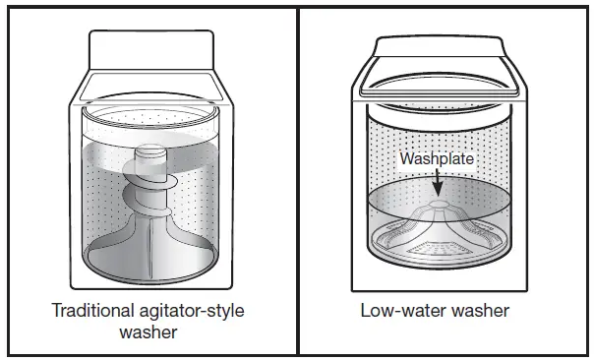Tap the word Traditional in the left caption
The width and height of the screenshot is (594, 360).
89,312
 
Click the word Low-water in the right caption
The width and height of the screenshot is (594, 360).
394,312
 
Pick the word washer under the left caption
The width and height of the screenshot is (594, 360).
148,331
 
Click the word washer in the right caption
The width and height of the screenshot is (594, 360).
482,312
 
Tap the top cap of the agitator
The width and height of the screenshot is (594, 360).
149,153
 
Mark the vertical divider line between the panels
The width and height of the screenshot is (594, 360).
298,180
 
